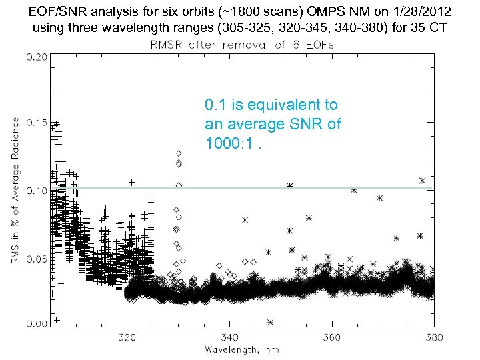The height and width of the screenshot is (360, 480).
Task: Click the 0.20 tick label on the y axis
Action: (36, 57)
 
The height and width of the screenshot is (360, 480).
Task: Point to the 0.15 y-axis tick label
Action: (36, 123)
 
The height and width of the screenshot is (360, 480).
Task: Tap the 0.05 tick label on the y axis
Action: (36, 258)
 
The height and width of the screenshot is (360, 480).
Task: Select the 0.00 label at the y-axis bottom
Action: (36, 324)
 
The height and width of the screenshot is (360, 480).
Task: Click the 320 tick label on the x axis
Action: (127, 337)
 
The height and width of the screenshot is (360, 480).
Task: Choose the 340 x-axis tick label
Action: (229, 337)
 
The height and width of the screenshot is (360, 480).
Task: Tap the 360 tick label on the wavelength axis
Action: (331, 337)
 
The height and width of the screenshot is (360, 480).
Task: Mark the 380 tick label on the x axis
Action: (433, 337)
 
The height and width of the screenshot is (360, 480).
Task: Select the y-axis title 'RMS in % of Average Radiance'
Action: (15, 190)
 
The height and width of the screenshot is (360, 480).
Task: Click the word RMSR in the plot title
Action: (163, 44)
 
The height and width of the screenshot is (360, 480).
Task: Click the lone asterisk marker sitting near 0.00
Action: (270, 322)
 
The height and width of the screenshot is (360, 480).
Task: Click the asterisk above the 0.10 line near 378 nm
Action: (422, 180)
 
